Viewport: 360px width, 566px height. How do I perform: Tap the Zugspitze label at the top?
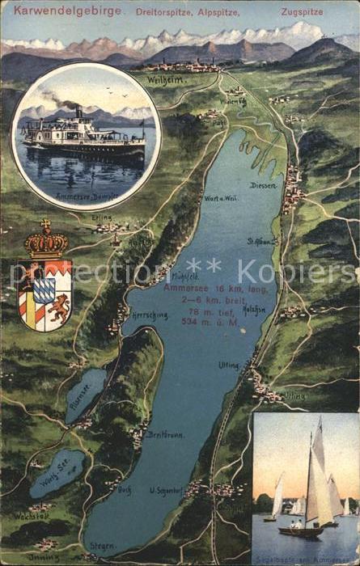click(x=301, y=12)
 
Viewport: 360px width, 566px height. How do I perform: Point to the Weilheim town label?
click(x=165, y=80)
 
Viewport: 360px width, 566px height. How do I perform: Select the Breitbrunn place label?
click(x=166, y=434)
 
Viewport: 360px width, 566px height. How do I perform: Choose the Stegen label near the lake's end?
click(x=103, y=546)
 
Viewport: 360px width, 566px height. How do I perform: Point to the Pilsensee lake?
click(x=85, y=394)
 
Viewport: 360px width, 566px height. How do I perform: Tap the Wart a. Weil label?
click(x=220, y=199)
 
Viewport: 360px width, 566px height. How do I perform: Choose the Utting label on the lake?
click(x=228, y=365)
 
